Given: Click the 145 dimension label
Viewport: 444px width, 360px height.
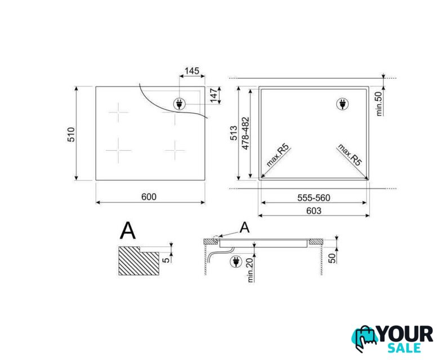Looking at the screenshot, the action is [x=192, y=70].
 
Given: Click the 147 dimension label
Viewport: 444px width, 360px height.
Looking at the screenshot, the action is [x=214, y=96].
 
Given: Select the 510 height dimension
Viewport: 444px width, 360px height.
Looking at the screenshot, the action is [x=71, y=134].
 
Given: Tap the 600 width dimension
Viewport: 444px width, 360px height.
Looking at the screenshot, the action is [x=149, y=197].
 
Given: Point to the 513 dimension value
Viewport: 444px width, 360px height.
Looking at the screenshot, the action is [x=234, y=133].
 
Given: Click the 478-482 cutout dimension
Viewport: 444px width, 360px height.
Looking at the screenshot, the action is [x=245, y=133].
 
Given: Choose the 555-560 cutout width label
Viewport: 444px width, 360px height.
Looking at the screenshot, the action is [x=314, y=197].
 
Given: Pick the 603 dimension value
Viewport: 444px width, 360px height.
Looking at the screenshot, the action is [x=314, y=211].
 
